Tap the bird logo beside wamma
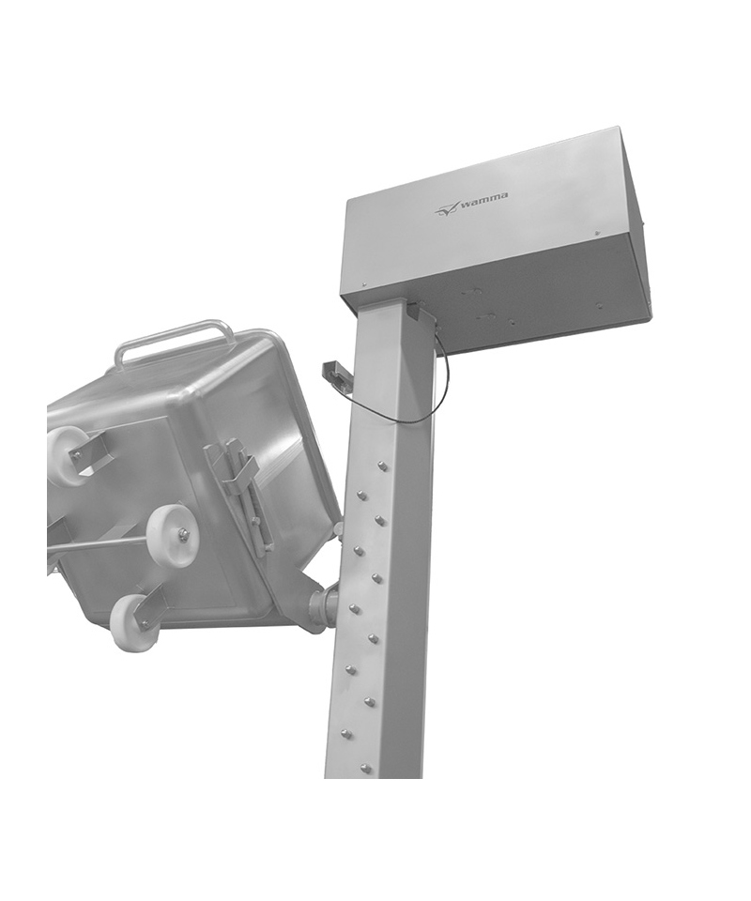click(445, 211)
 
